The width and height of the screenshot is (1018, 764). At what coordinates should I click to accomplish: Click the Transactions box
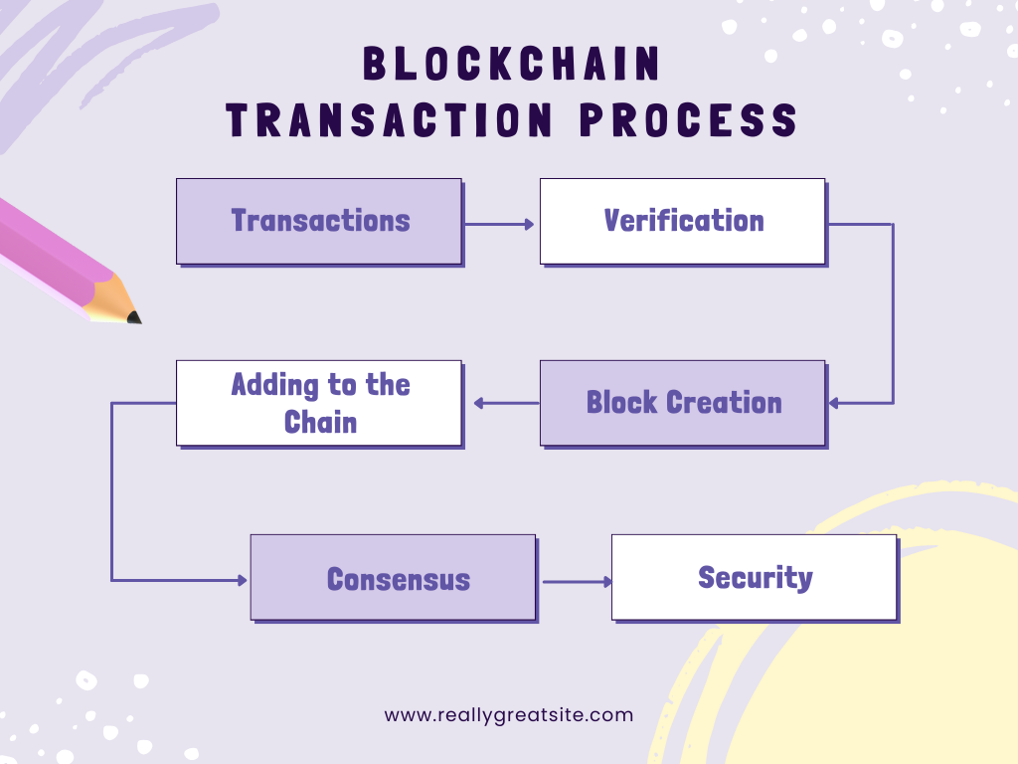click(319, 222)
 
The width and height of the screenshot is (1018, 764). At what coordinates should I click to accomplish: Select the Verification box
click(683, 222)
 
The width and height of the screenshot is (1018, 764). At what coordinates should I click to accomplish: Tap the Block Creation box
click(683, 404)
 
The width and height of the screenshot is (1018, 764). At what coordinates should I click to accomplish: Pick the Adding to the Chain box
click(319, 404)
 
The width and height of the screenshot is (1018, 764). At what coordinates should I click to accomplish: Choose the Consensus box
click(394, 578)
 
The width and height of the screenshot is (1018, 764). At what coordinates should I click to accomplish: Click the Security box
click(755, 578)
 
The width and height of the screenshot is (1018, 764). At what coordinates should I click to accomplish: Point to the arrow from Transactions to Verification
click(499, 224)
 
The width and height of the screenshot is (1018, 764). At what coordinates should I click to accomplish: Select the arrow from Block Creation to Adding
click(506, 404)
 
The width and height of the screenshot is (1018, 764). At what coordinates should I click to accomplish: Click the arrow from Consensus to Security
click(578, 581)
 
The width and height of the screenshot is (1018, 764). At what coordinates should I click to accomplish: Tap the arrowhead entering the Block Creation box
click(834, 404)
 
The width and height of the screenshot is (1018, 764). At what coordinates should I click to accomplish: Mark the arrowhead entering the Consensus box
click(243, 580)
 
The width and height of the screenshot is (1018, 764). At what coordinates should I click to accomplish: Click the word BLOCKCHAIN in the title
click(511, 64)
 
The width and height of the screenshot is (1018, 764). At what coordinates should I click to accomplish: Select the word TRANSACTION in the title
click(389, 120)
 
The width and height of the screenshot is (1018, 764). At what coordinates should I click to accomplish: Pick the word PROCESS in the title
click(688, 120)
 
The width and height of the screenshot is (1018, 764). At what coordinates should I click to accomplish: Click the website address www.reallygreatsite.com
click(509, 715)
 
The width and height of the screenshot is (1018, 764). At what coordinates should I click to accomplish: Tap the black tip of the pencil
click(134, 317)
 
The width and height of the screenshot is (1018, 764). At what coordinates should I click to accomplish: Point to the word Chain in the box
click(321, 422)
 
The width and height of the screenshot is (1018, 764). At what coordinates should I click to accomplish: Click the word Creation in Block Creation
click(725, 403)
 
